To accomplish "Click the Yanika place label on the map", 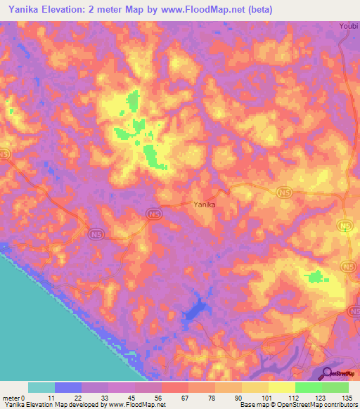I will point(204,204).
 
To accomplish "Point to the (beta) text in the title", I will point(255,10).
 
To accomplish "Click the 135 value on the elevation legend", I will point(347,397).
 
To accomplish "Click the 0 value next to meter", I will point(22,397).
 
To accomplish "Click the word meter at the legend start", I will point(11,397).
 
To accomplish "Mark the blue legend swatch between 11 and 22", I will point(68,387).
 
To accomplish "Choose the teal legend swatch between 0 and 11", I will point(41,387).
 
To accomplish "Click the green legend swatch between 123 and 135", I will point(335,387).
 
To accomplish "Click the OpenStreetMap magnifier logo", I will point(327,373).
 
